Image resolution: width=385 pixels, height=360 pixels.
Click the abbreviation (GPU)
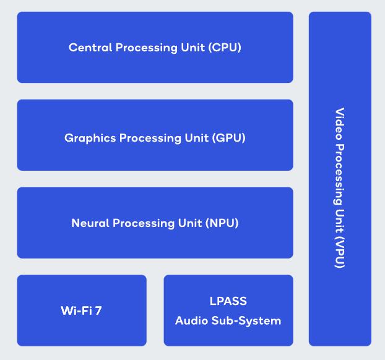(x=228, y=138)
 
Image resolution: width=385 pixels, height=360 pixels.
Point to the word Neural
(x=90, y=223)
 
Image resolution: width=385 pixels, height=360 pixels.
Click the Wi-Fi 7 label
(x=81, y=311)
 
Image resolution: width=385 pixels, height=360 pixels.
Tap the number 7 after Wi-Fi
(x=98, y=311)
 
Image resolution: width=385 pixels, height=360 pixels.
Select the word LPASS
(x=228, y=301)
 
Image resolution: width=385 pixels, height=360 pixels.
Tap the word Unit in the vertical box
(x=340, y=220)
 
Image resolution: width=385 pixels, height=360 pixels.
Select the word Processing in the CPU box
(x=145, y=47)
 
